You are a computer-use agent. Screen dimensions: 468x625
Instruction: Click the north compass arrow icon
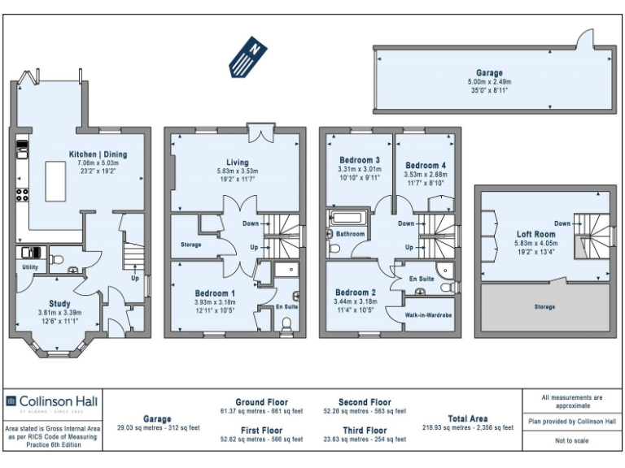click(249, 56)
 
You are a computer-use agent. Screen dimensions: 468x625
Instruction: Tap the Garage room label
click(489, 73)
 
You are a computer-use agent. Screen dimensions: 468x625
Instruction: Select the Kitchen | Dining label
click(97, 154)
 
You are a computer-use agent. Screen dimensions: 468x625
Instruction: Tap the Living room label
click(237, 162)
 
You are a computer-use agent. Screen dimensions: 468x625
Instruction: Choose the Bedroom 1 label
click(215, 293)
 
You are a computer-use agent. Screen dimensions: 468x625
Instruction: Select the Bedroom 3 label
click(359, 160)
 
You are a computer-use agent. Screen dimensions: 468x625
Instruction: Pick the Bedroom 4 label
click(425, 165)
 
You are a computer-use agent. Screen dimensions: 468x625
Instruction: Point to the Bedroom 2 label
click(356, 292)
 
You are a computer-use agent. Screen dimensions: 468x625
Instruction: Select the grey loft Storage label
click(544, 307)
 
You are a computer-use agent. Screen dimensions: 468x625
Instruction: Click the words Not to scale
click(572, 440)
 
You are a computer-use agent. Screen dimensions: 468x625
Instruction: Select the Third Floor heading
click(365, 429)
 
